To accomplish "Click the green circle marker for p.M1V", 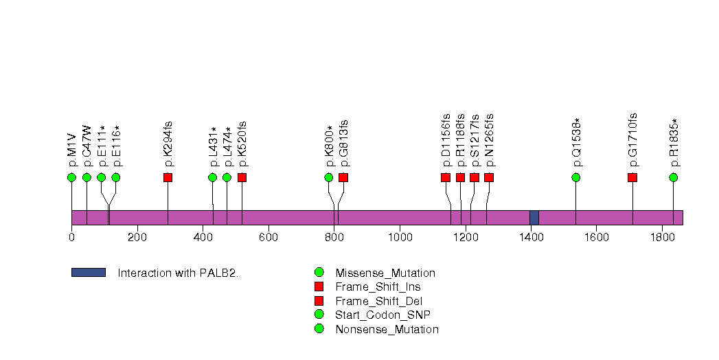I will pyautogui.click(x=71, y=177).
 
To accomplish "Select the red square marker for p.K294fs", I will pyautogui.click(x=168, y=177).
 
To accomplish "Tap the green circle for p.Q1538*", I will pyautogui.click(x=575, y=177).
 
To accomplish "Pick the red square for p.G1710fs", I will pyautogui.click(x=632, y=177).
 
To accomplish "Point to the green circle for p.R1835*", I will pyautogui.click(x=674, y=177).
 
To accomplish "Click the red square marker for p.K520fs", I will pyautogui.click(x=242, y=177).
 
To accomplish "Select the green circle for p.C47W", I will pyautogui.click(x=87, y=177).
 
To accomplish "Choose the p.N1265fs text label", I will pyautogui.click(x=489, y=141).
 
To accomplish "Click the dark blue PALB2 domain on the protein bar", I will pyautogui.click(x=534, y=217).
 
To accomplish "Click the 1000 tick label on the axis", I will pyautogui.click(x=400, y=237).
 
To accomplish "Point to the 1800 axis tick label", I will pyautogui.click(x=662, y=237).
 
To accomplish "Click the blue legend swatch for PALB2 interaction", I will pyautogui.click(x=88, y=273).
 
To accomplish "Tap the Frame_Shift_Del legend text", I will pyautogui.click(x=378, y=301).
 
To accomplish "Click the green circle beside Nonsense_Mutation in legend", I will pyautogui.click(x=319, y=329).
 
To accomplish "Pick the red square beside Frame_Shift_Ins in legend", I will pyautogui.click(x=319, y=286).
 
